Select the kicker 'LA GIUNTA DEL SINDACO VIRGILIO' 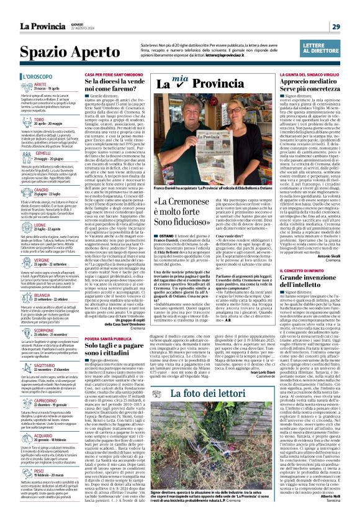[x=303, y=75]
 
